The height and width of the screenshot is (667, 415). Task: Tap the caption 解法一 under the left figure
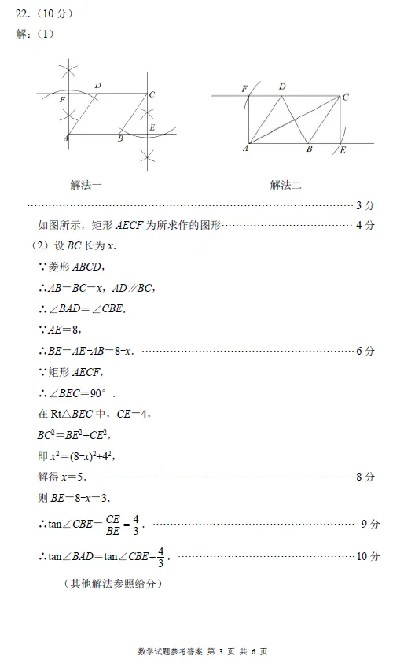(86, 185)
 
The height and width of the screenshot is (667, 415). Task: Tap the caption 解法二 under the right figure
(286, 185)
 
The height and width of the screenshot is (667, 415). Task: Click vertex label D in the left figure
(97, 85)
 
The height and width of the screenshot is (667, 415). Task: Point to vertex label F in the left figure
(62, 100)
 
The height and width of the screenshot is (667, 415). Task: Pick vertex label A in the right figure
(246, 148)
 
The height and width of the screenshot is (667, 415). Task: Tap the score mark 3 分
(365, 205)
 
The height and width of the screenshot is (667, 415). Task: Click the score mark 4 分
(365, 225)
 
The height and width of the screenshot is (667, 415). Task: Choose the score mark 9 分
(370, 524)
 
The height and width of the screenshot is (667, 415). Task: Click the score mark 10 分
(368, 556)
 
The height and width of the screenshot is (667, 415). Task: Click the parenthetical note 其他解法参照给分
(115, 584)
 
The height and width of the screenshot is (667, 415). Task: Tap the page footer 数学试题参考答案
(170, 652)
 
